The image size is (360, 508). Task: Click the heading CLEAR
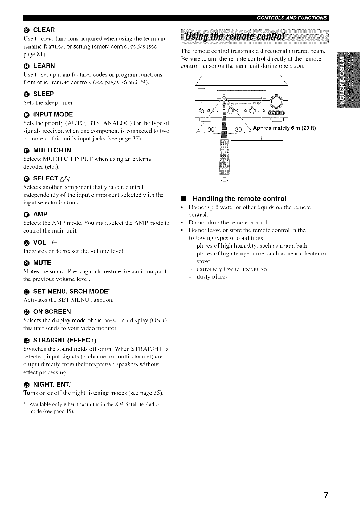point(44,30)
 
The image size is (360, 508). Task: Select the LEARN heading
point(44,66)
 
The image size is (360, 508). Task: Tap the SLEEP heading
point(43,94)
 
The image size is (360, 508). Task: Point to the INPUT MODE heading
point(53,114)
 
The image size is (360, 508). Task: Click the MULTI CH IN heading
point(52,151)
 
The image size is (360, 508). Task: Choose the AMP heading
point(40,215)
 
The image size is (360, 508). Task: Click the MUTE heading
point(42,263)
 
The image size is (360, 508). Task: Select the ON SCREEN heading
point(52,312)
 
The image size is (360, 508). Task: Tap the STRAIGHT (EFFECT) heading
point(64,340)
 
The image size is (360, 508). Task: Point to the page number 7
point(326,495)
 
